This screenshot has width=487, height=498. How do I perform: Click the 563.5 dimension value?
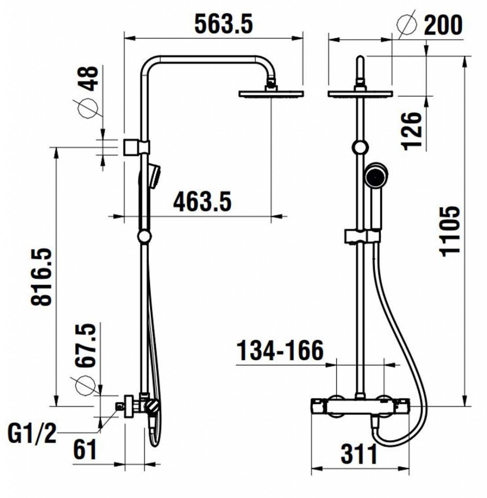[224, 24]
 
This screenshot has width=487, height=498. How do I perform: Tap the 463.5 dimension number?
[202, 202]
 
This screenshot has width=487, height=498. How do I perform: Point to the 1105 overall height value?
[450, 231]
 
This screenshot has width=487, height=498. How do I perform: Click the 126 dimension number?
[412, 131]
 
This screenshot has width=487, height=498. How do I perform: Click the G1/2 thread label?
[32, 434]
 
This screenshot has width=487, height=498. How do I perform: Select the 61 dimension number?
[85, 450]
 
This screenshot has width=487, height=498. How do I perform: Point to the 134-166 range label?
[280, 351]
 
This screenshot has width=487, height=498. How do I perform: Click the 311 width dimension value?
[359, 454]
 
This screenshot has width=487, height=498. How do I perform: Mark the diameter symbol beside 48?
[87, 108]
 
